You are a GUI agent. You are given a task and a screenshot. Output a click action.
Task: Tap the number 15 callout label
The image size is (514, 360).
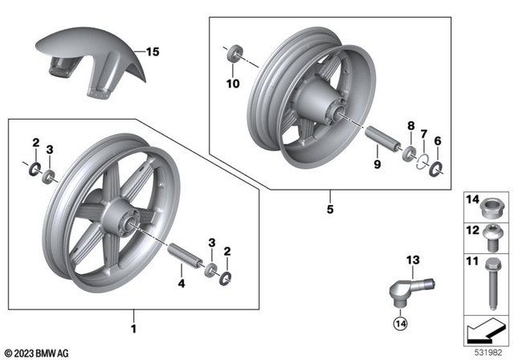click(153, 52)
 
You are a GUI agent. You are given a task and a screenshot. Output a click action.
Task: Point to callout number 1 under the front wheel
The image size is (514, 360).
click(135, 329)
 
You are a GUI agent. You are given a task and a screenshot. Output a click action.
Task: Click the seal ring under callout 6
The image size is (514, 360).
click(438, 169)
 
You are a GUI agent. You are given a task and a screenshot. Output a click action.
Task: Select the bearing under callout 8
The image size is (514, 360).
click(409, 153)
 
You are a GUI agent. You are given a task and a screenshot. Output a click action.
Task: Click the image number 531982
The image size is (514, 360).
click(487, 352)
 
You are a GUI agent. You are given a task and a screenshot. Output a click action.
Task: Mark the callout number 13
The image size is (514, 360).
click(412, 259)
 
